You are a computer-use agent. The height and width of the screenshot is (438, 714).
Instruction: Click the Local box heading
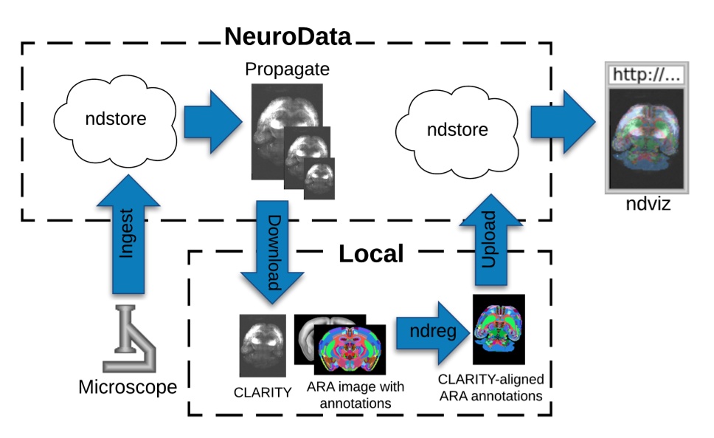tap(370, 254)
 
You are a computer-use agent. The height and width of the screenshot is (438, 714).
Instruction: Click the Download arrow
tap(273, 251)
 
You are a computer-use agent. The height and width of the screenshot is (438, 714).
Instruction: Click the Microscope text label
tap(128, 386)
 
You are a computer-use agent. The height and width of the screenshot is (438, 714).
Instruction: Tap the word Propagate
tap(288, 71)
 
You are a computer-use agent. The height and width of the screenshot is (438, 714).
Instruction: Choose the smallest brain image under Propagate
tap(319, 178)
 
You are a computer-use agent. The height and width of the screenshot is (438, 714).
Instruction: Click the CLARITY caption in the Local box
tap(262, 392)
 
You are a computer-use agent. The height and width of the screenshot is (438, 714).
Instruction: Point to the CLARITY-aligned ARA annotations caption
tap(491, 388)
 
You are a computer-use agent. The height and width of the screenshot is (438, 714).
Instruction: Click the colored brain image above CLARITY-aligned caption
tap(498, 329)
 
